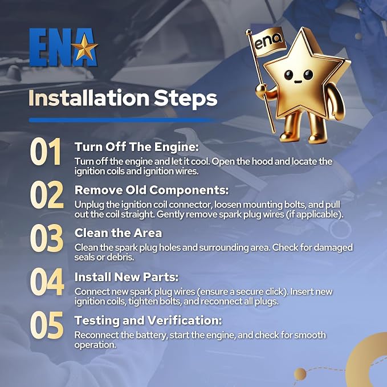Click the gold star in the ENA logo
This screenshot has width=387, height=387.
point(84,47)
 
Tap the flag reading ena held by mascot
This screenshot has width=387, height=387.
point(268,42)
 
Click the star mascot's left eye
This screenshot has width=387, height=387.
point(288,75)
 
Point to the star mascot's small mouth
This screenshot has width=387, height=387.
point(298,82)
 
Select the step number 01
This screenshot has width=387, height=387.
point(46,152)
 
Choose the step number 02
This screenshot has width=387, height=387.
point(47,195)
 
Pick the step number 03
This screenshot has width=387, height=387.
point(47,238)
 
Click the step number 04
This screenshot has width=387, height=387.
point(47,282)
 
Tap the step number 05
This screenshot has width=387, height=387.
point(47,325)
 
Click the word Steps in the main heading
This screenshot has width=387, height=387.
point(185,99)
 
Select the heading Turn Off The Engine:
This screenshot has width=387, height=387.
point(136,147)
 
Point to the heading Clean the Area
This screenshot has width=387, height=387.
point(118,233)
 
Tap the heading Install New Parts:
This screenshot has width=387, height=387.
point(127,277)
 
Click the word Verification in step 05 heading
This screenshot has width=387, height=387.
point(183,320)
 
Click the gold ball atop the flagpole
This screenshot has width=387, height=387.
point(249,32)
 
